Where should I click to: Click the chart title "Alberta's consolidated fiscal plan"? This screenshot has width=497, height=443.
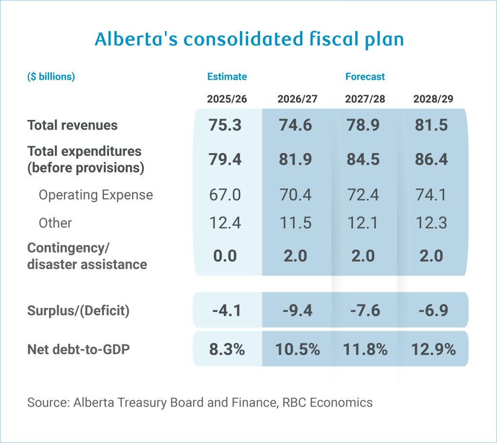click(x=249, y=39)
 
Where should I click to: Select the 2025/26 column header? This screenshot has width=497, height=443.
click(x=227, y=99)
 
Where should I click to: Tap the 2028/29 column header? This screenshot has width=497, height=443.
click(x=433, y=99)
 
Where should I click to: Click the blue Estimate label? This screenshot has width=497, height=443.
click(x=227, y=77)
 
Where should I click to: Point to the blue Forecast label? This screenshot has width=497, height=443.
click(x=365, y=77)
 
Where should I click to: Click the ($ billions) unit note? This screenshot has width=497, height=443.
click(x=51, y=77)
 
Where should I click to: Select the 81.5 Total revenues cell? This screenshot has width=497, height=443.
click(x=431, y=125)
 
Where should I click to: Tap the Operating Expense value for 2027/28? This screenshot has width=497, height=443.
click(x=363, y=195)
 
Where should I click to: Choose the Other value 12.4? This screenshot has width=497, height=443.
click(x=226, y=223)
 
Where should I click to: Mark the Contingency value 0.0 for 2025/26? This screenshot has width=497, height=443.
click(x=225, y=256)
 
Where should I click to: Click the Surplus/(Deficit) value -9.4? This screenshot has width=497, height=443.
click(x=296, y=310)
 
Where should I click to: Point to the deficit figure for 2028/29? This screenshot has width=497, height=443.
click(x=431, y=310)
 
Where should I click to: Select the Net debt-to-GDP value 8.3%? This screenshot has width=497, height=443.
click(x=227, y=349)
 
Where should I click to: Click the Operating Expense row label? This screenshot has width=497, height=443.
click(x=96, y=195)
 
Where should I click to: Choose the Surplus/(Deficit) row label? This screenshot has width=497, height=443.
click(x=78, y=310)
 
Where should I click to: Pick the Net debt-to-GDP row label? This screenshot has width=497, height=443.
click(x=78, y=349)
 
